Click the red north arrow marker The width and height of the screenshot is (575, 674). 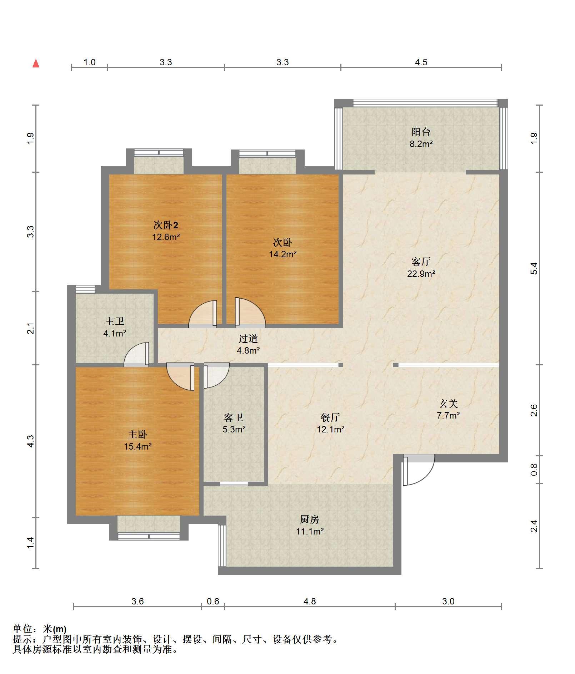click(36, 63)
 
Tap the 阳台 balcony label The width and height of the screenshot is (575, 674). click(421, 132)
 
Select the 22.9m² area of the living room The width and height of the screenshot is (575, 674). click(421, 274)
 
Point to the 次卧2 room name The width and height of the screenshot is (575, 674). click(166, 225)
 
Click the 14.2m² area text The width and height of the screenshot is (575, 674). click(283, 254)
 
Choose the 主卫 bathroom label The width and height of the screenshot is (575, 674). click(115, 321)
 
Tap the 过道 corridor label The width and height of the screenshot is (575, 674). click(248, 338)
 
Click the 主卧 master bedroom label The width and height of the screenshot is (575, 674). click(137, 434)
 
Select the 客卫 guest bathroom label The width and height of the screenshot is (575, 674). click(234, 417)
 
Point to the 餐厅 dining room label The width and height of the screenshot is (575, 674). click(330, 417)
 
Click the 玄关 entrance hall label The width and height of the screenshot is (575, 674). click(448, 404)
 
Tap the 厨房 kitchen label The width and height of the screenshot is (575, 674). click(310, 519)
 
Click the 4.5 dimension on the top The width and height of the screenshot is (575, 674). click(421, 62)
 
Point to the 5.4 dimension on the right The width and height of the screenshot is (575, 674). click(534, 268)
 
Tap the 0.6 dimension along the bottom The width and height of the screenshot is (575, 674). click(213, 601)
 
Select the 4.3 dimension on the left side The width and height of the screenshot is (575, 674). click(31, 441)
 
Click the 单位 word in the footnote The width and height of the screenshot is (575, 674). click(22, 629)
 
